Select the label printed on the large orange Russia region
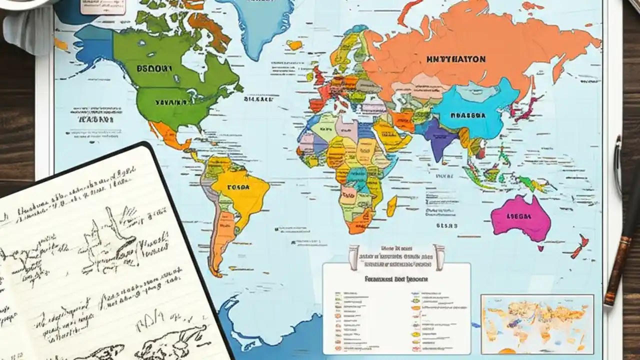pyautogui.click(x=456, y=59)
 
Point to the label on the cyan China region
pyautogui.click(x=468, y=114)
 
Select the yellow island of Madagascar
pyautogui.click(x=392, y=205)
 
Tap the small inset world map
pyautogui.click(x=537, y=324)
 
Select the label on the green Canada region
pyautogui.click(x=150, y=68)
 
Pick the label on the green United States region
pyautogui.click(x=170, y=102)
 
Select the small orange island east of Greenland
pyautogui.click(x=295, y=45)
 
